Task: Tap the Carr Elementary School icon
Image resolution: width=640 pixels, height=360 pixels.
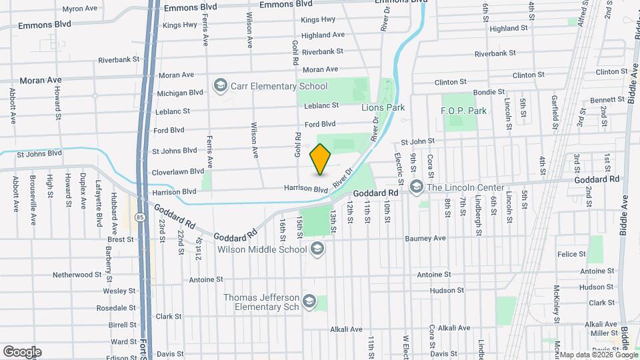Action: tap(220, 86)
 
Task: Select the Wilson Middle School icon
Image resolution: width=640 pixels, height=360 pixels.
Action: tap(317, 249)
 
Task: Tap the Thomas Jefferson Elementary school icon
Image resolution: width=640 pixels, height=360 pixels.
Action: tap(309, 303)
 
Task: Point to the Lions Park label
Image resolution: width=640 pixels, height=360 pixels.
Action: tap(383, 107)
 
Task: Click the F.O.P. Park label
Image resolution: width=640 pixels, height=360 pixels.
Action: tap(463, 111)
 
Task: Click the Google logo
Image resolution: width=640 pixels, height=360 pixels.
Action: tap(22, 351)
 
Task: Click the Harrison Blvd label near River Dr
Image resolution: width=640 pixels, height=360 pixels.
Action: tap(307, 189)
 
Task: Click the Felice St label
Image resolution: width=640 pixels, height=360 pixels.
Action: tap(571, 254)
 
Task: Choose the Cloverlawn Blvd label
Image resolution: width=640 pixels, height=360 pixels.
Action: tap(178, 171)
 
